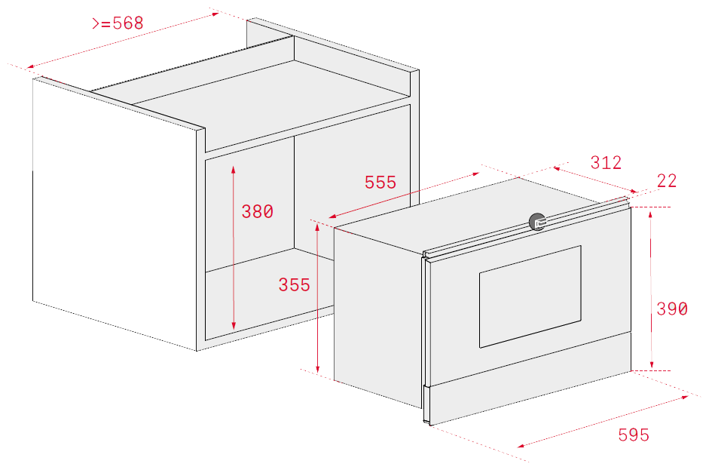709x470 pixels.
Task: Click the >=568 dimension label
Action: click(118, 23)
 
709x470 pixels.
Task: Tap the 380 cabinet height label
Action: click(257, 211)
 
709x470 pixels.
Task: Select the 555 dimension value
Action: click(380, 183)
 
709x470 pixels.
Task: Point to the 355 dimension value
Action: click(295, 285)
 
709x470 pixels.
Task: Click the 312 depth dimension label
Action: click(606, 162)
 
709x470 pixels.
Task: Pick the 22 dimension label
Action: click(667, 181)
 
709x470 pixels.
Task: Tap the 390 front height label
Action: click(672, 309)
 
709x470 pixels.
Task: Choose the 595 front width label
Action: click(634, 435)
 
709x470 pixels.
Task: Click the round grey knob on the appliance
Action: click(537, 222)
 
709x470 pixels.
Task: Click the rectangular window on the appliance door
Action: click(530, 297)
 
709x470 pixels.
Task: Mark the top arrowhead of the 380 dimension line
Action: click(234, 170)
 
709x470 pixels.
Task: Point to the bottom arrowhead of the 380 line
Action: click(234, 325)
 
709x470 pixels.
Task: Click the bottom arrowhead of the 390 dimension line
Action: click(652, 364)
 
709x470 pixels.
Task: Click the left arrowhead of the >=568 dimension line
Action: click(31, 66)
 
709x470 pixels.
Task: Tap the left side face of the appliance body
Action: click(378, 318)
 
